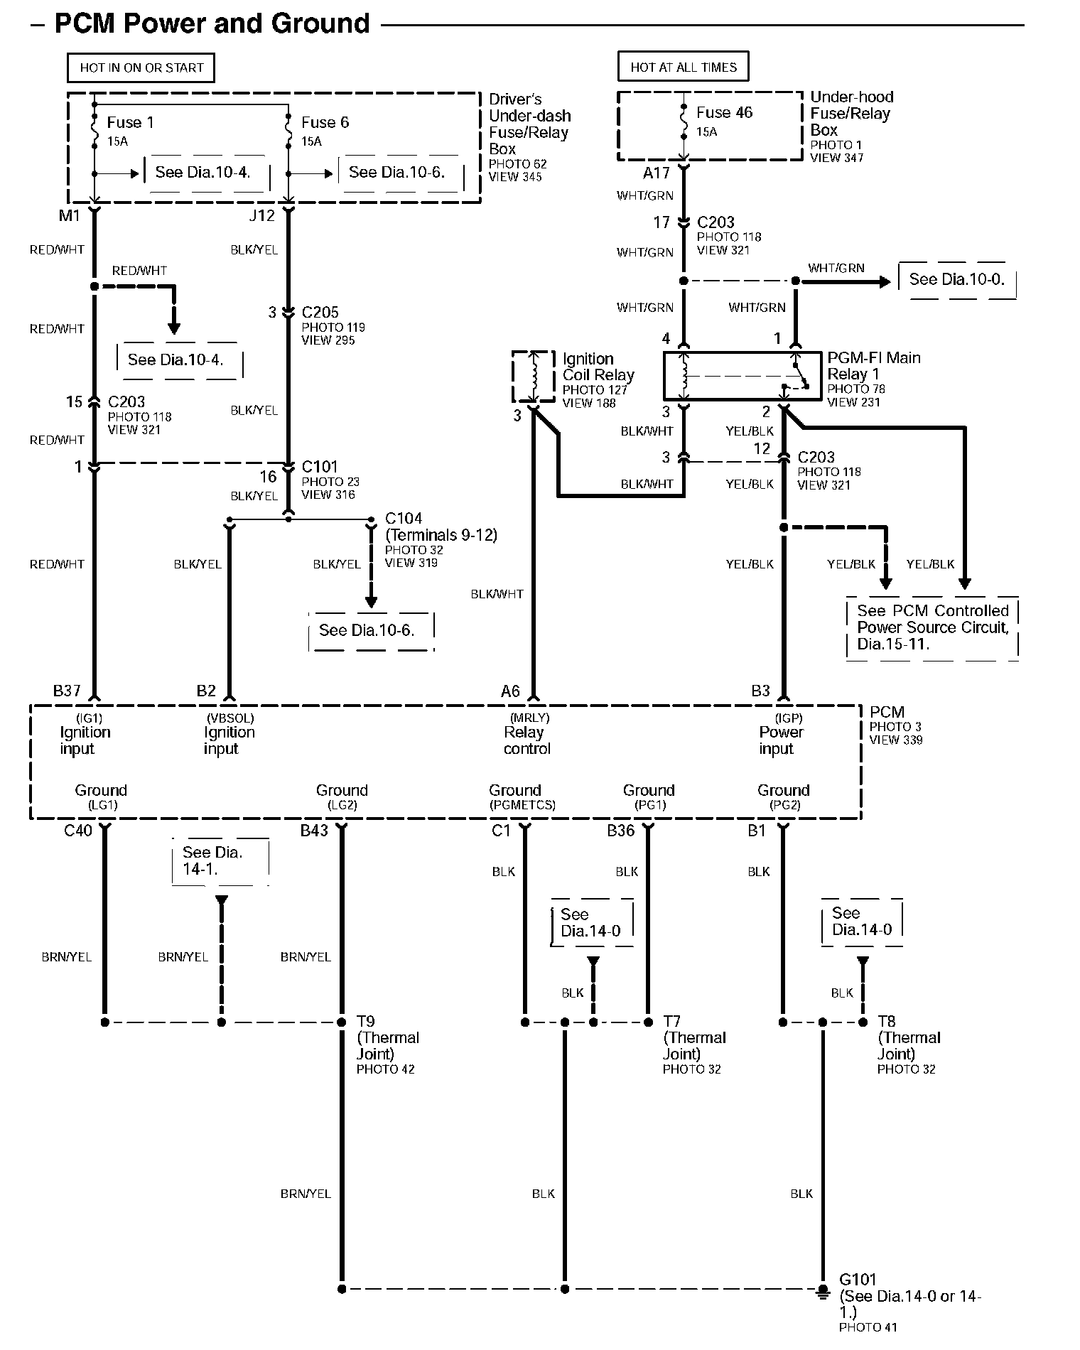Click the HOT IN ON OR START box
(x=141, y=67)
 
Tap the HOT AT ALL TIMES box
(x=684, y=67)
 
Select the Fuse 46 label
(x=724, y=112)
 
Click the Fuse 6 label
(x=325, y=122)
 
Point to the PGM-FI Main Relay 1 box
(x=743, y=375)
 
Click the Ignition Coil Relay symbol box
(x=534, y=376)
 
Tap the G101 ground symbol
(x=823, y=1290)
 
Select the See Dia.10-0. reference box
(x=957, y=280)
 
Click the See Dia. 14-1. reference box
(x=220, y=861)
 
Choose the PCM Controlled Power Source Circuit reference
(x=932, y=628)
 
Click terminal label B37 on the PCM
(x=67, y=691)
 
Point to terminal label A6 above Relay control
(x=510, y=691)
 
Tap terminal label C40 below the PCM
(x=78, y=831)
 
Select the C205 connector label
(x=320, y=312)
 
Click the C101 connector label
(x=320, y=467)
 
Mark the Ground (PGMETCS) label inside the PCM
(x=522, y=797)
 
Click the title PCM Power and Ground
(x=212, y=23)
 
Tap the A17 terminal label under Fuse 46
(x=657, y=173)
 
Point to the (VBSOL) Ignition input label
(x=229, y=733)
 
